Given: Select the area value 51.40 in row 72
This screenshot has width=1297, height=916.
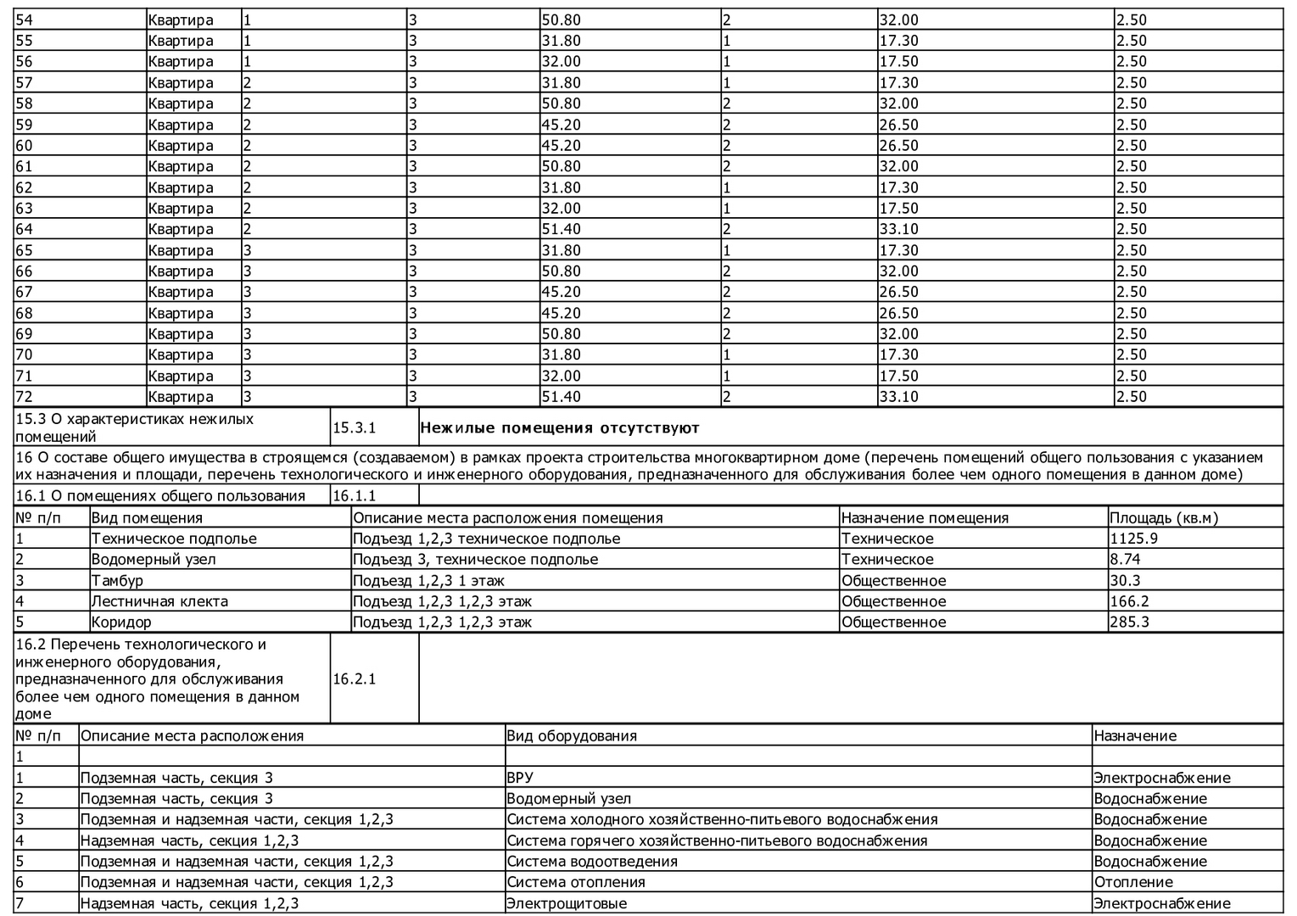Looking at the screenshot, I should tap(561, 397).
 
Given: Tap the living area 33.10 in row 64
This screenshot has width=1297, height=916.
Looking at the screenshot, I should tap(898, 229).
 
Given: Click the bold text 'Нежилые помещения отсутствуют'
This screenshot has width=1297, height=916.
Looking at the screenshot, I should tap(560, 428).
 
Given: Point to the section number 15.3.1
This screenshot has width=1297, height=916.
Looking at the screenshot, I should tap(354, 428).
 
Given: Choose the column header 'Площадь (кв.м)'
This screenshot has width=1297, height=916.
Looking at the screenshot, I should tap(1163, 518).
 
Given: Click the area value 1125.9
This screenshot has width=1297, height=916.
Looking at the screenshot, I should tap(1133, 539).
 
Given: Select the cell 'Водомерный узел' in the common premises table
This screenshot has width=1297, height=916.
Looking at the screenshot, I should tap(154, 560).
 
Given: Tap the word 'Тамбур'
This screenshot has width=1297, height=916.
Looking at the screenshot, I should tap(117, 581).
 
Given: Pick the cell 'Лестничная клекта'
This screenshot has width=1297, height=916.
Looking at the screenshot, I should tap(159, 601).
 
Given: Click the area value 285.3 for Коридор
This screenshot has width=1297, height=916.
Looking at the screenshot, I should tap(1129, 623).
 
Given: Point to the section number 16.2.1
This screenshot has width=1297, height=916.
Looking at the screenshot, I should tap(354, 679).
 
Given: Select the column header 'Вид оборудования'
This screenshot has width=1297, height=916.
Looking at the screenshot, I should tap(572, 736).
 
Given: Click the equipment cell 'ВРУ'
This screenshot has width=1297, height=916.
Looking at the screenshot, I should tap(520, 778).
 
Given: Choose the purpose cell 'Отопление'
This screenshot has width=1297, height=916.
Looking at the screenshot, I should tap(1133, 882).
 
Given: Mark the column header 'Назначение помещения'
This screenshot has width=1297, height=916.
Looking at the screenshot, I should tap(925, 518).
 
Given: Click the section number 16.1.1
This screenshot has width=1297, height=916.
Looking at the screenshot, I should tap(354, 496).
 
